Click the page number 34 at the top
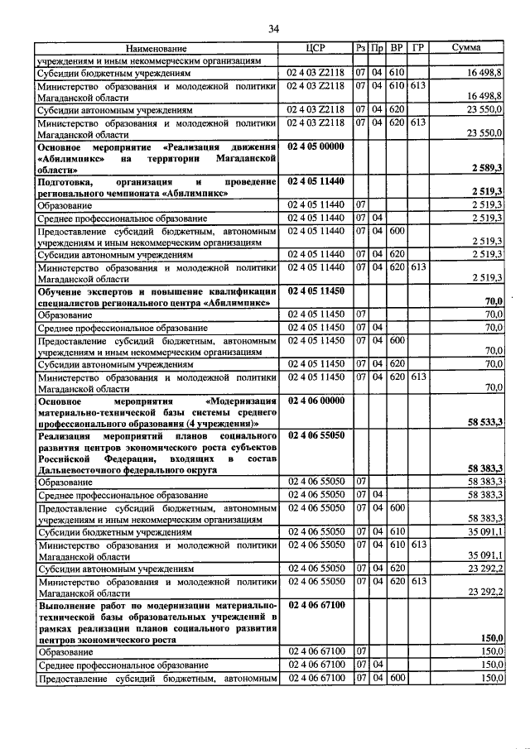click(273, 30)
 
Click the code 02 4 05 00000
click(316, 146)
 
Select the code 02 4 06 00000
click(316, 400)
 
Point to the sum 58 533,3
click(485, 422)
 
